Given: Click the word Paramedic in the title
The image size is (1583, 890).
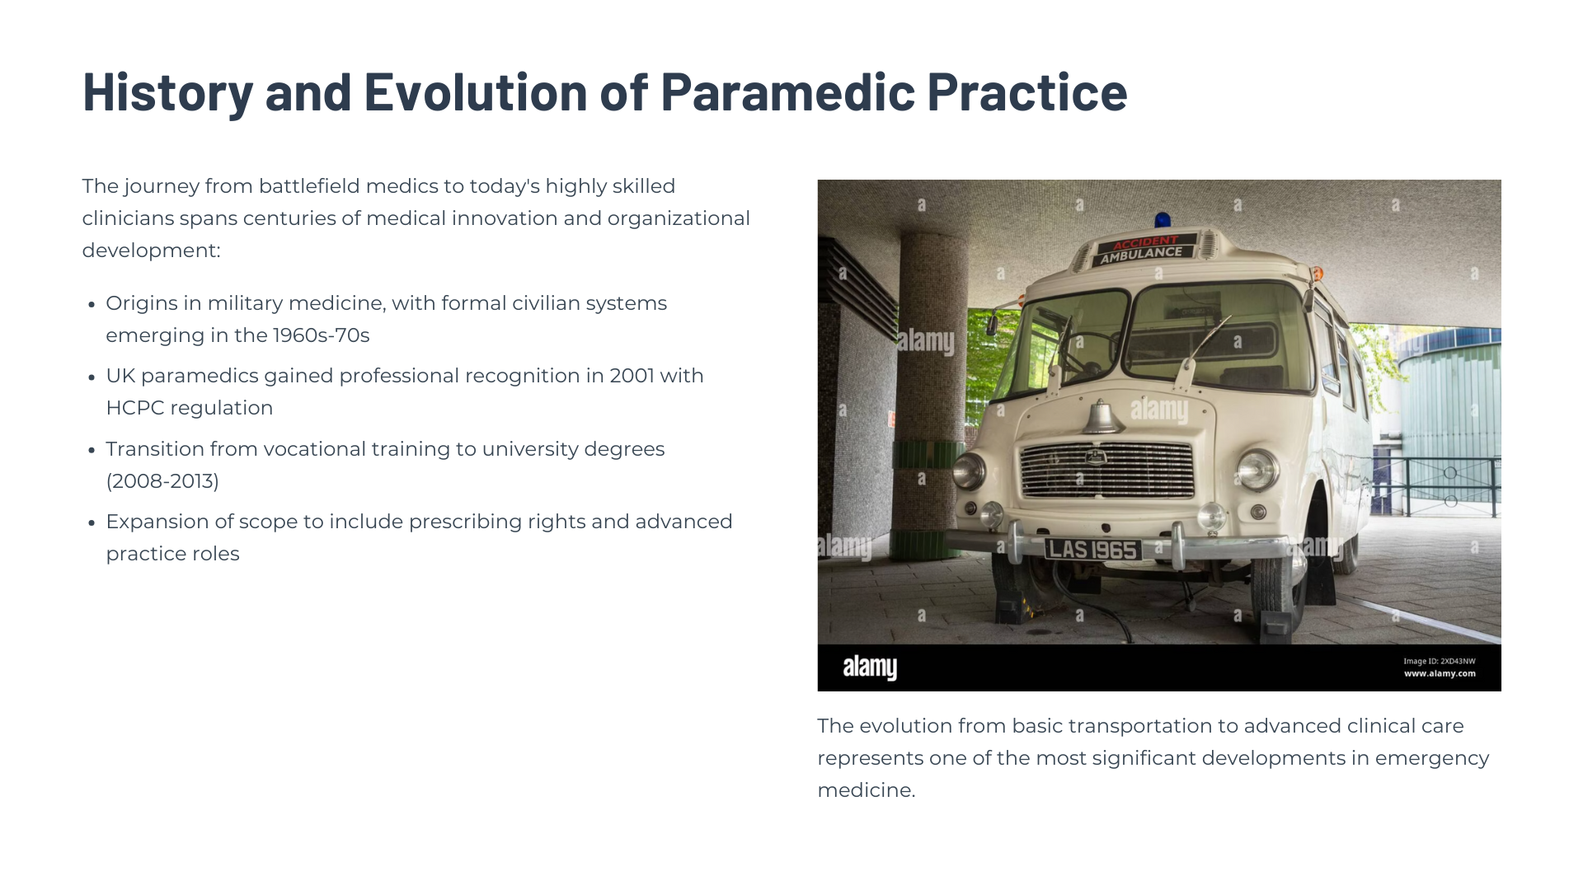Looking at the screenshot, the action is point(787,91).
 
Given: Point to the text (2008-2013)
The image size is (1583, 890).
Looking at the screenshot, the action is point(162,481).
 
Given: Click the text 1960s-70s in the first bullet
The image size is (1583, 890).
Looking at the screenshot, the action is point(321,335).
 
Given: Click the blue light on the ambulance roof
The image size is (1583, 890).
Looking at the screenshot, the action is point(1163,220).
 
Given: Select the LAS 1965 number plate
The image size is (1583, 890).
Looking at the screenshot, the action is point(1092,549).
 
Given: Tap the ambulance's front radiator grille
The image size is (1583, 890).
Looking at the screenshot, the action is point(1106,470).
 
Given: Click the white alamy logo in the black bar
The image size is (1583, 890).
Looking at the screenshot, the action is point(870,667).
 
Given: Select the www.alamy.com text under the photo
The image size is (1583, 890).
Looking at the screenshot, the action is point(1440,674).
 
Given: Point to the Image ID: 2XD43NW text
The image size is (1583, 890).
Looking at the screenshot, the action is point(1440,661).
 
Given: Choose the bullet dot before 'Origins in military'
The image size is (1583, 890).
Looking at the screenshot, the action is point(92,305).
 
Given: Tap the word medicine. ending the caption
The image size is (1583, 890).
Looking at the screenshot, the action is point(867,790).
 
